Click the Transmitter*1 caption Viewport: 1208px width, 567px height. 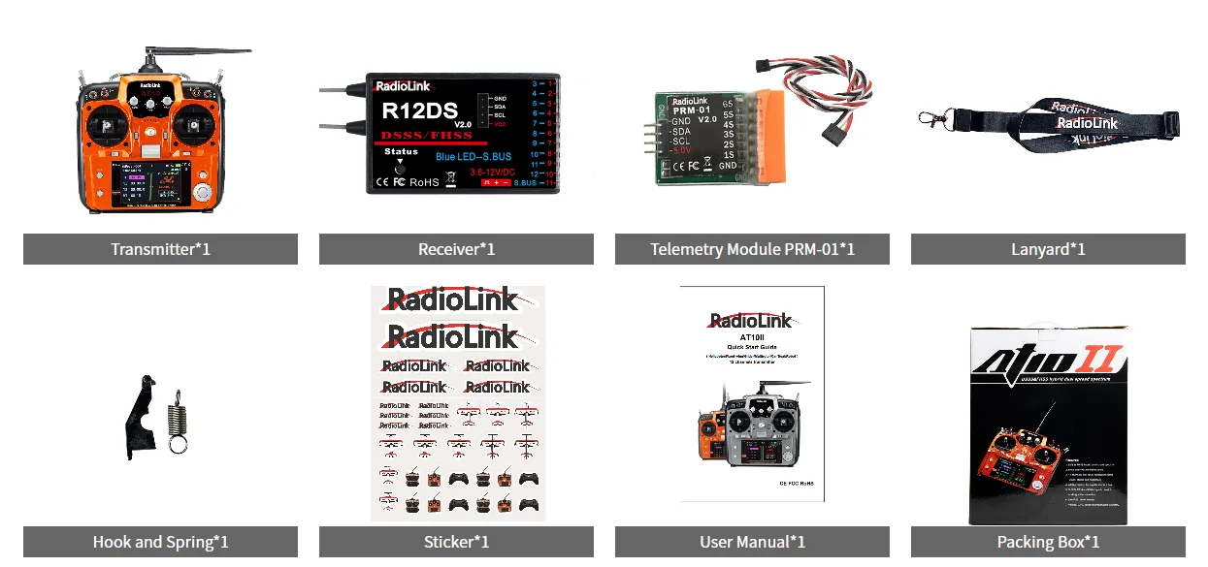[160, 249]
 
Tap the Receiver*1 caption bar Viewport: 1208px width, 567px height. [456, 249]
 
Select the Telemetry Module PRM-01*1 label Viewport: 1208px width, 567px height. [752, 249]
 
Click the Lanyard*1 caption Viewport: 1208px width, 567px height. [1048, 249]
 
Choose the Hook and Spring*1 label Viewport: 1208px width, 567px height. [160, 542]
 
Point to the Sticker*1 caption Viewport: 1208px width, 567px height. [456, 542]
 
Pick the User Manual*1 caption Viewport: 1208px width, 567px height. [752, 542]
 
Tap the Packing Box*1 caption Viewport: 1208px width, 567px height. [1048, 542]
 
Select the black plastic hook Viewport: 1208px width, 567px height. [141, 417]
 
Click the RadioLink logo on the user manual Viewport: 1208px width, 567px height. [751, 321]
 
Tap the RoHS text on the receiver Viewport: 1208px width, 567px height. [424, 181]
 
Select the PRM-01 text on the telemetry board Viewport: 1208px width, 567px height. [692, 110]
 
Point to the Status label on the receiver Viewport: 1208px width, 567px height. [401, 152]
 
